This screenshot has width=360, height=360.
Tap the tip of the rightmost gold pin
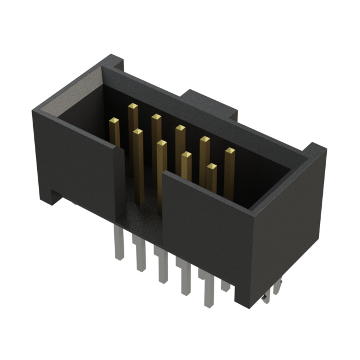pyautogui.click(x=229, y=151)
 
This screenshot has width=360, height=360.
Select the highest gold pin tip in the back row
pyautogui.click(x=133, y=106)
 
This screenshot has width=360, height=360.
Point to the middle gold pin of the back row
pyautogui.click(x=180, y=128)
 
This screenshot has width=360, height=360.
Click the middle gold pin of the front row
pyautogui.click(x=161, y=144)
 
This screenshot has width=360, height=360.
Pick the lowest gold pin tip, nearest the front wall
pyautogui.click(x=211, y=167)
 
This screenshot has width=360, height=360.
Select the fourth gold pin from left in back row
pyautogui.click(x=205, y=139)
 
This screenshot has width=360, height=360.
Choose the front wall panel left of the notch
pyautogui.click(x=79, y=163)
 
